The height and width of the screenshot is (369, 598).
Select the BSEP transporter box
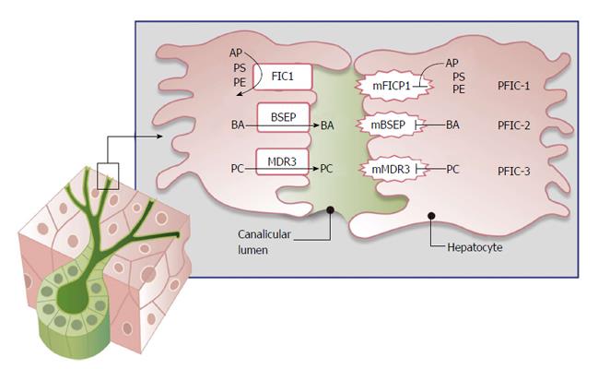click(282, 118)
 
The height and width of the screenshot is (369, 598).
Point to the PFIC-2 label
click(514, 125)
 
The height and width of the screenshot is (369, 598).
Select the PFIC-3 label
click(514, 170)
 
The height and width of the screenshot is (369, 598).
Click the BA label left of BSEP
click(238, 124)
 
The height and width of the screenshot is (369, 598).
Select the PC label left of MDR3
click(238, 170)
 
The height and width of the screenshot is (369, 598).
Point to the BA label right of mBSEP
click(452, 125)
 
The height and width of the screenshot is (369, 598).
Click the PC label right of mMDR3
click(452, 170)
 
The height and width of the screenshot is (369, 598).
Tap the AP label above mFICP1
click(451, 63)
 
